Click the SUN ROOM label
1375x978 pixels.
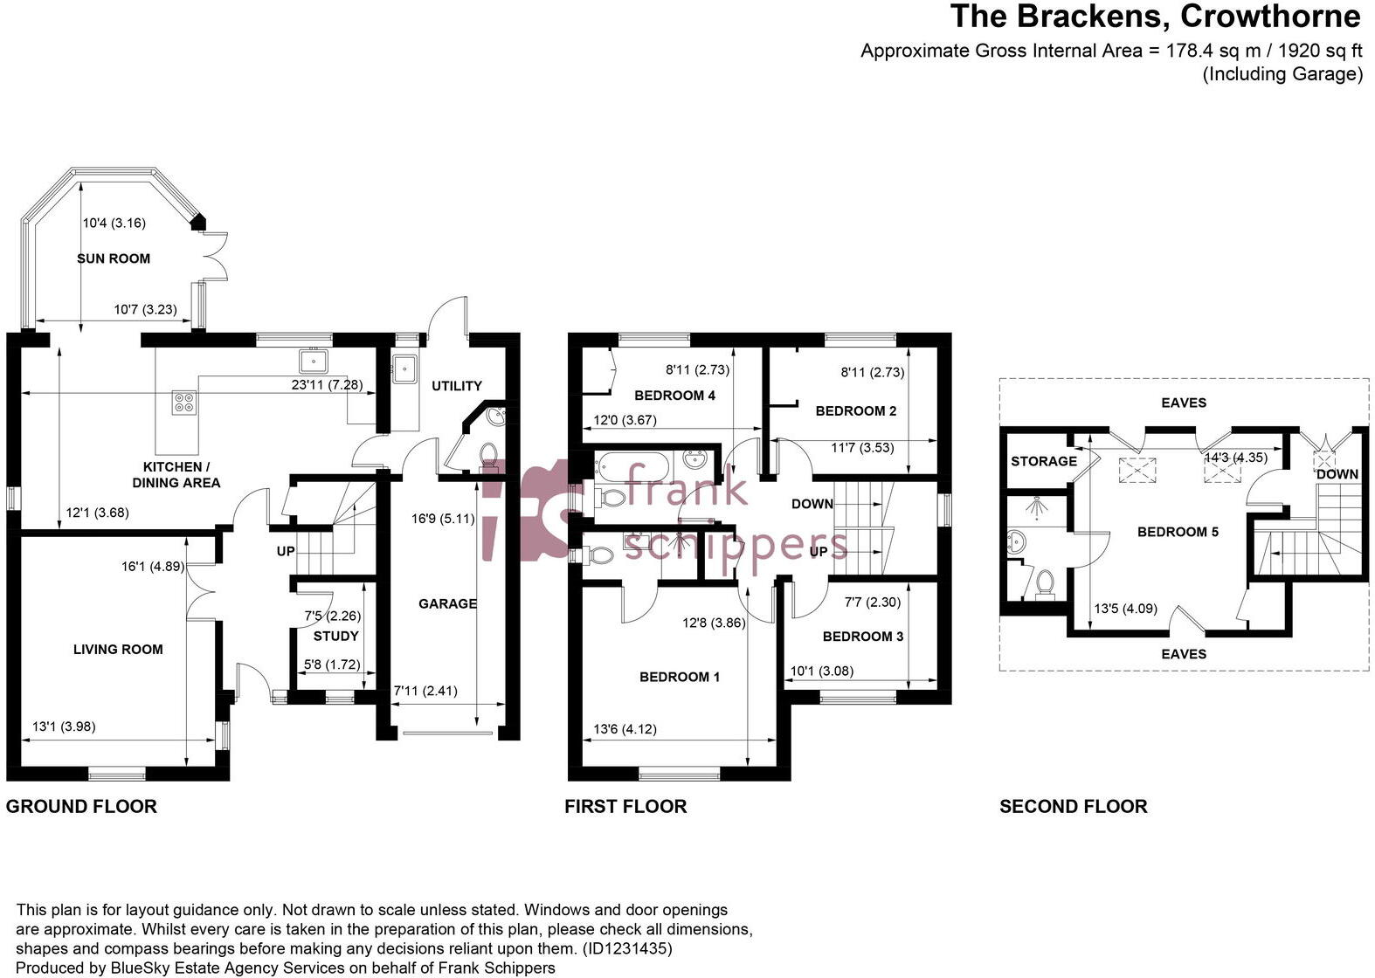(x=114, y=258)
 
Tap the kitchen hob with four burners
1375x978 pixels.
(x=185, y=403)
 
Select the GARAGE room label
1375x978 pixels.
(x=447, y=603)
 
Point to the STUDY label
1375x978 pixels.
(x=335, y=636)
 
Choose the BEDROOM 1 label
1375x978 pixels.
(x=680, y=677)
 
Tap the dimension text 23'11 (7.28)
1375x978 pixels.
(x=327, y=385)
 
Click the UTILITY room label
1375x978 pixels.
(x=457, y=386)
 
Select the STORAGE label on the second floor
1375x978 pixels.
(x=1044, y=461)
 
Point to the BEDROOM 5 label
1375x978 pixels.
(x=1178, y=531)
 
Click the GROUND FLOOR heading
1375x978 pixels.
(x=81, y=806)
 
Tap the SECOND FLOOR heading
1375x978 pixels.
(x=1074, y=806)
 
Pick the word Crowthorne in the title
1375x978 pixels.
(x=1271, y=17)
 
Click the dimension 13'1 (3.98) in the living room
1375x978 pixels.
(x=64, y=727)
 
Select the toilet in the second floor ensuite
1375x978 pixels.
(x=1044, y=583)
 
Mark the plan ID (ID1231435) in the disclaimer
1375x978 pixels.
(x=626, y=948)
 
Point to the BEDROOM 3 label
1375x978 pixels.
(x=863, y=637)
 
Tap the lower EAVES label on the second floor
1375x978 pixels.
(x=1184, y=654)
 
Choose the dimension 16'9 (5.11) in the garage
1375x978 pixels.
(x=443, y=519)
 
